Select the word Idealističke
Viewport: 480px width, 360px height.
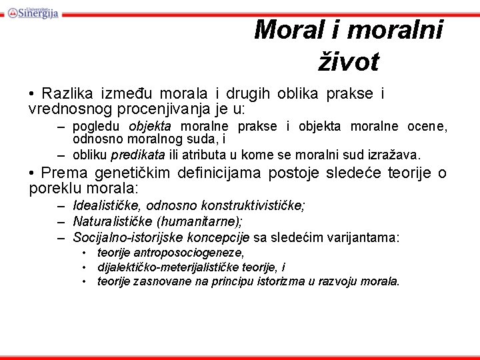tap(105, 205)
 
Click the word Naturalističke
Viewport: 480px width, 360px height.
tap(110, 221)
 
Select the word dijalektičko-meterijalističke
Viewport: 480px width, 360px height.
tap(165, 267)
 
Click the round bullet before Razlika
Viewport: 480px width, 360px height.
tap(32, 94)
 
